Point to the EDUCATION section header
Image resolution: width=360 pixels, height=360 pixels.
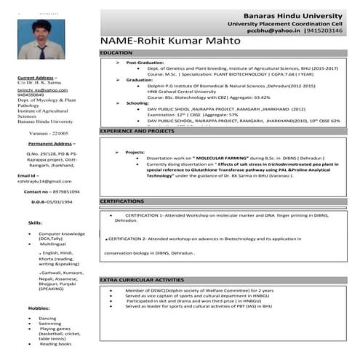click(117, 54)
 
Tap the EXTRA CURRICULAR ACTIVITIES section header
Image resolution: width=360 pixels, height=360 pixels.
click(142, 279)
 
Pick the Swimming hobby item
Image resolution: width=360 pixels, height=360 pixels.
click(50, 324)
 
